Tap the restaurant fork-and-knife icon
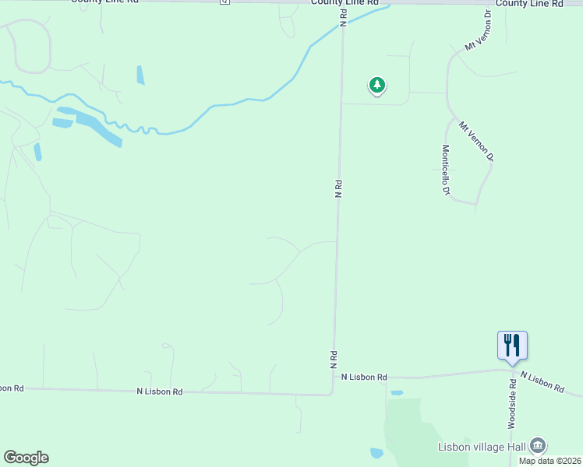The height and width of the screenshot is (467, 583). tap(512, 344)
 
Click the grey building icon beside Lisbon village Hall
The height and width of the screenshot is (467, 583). tap(537, 445)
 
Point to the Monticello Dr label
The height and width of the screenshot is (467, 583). tap(446, 170)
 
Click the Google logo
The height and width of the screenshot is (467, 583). tap(26, 458)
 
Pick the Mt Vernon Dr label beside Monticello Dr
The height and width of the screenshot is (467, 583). tap(476, 141)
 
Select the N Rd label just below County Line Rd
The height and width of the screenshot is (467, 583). tap(343, 19)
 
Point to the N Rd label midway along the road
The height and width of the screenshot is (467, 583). tap(339, 189)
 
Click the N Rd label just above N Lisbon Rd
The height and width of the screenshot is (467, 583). tap(334, 359)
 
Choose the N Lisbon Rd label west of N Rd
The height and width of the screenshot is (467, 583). tap(159, 392)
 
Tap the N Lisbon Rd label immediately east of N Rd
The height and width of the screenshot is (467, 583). tap(364, 377)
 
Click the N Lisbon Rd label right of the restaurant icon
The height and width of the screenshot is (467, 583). tap(542, 381)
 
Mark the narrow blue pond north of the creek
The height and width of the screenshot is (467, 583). tap(140, 75)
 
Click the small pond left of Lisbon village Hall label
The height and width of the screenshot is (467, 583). tap(377, 452)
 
